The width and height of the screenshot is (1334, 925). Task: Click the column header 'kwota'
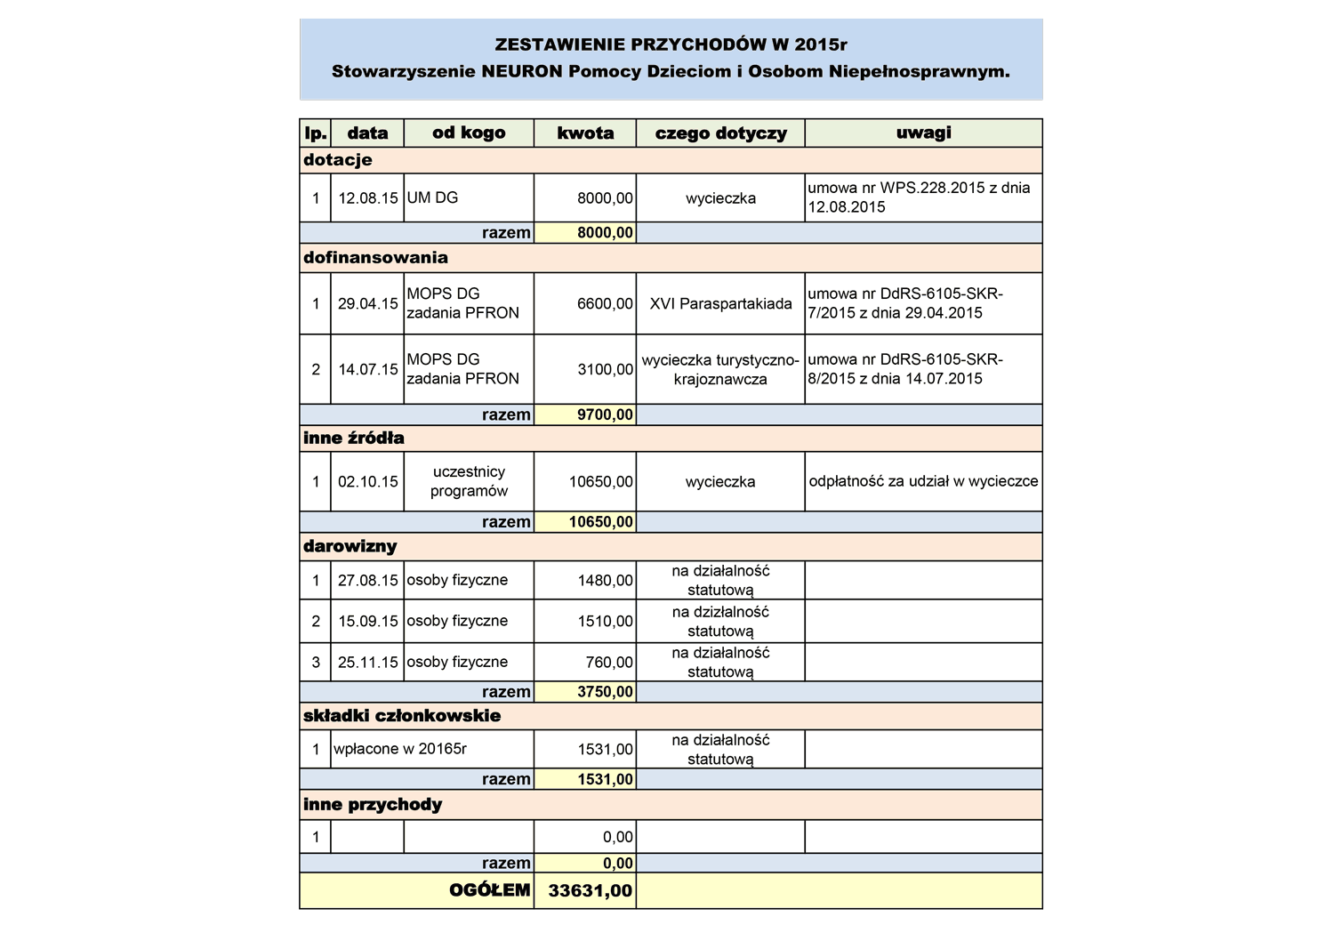pos(585,133)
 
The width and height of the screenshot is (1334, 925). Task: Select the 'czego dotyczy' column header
pos(720,133)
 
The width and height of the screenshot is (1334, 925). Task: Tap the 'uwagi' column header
pos(923,133)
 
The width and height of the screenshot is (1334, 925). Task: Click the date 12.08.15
pos(367,198)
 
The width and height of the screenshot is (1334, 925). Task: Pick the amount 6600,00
pos(605,304)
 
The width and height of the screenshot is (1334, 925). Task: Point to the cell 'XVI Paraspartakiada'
pos(720,304)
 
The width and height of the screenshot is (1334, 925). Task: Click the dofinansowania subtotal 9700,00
pos(605,414)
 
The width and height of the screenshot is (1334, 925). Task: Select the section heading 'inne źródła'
pos(354,438)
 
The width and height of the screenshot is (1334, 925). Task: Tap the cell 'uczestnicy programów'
pos(469,481)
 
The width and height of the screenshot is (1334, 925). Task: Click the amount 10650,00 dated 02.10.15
pos(601,482)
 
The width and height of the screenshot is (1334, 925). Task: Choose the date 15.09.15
pos(367,621)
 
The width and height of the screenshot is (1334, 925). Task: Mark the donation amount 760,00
pos(609,663)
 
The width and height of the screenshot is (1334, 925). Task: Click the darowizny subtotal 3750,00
pos(605,692)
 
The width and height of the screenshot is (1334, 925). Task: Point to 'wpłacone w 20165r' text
pos(400,749)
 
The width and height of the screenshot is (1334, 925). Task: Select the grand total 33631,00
pos(591,890)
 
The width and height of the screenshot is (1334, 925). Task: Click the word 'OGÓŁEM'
pos(489,890)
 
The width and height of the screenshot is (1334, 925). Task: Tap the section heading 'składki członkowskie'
pos(402,716)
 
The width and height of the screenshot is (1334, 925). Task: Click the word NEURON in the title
pos(522,71)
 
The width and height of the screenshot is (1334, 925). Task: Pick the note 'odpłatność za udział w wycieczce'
pos(923,482)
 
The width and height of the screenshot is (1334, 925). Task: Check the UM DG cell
pos(432,198)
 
